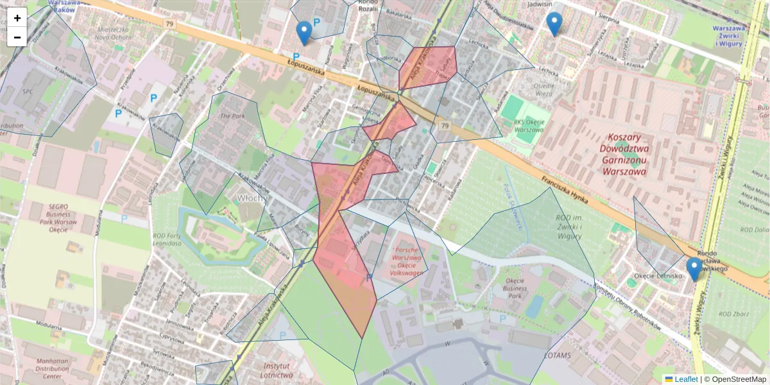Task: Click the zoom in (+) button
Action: pos(17,18)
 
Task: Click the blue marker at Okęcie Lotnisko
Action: pos(694,269)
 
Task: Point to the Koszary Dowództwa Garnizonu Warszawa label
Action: pos(624,154)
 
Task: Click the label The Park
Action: pos(232,116)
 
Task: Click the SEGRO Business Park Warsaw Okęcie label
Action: pos(54,213)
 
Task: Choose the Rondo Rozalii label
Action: pos(368,5)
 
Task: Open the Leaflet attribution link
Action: pos(685,379)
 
